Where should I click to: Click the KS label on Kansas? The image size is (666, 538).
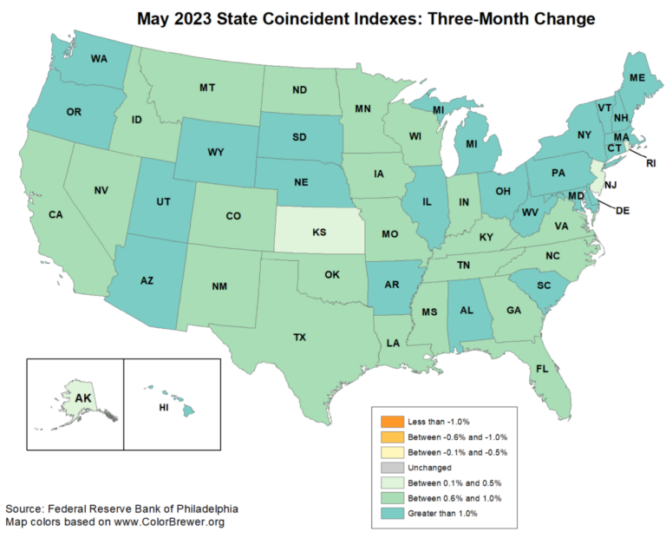pos(320,233)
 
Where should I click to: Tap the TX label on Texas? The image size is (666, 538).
pos(300,337)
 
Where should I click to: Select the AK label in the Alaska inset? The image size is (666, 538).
pos(83,398)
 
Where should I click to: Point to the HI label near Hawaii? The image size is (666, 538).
pos(163,406)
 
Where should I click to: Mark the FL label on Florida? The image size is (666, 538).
pos(542,369)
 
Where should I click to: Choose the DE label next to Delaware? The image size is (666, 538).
pos(622,209)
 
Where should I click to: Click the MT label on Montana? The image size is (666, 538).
pos(207,88)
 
